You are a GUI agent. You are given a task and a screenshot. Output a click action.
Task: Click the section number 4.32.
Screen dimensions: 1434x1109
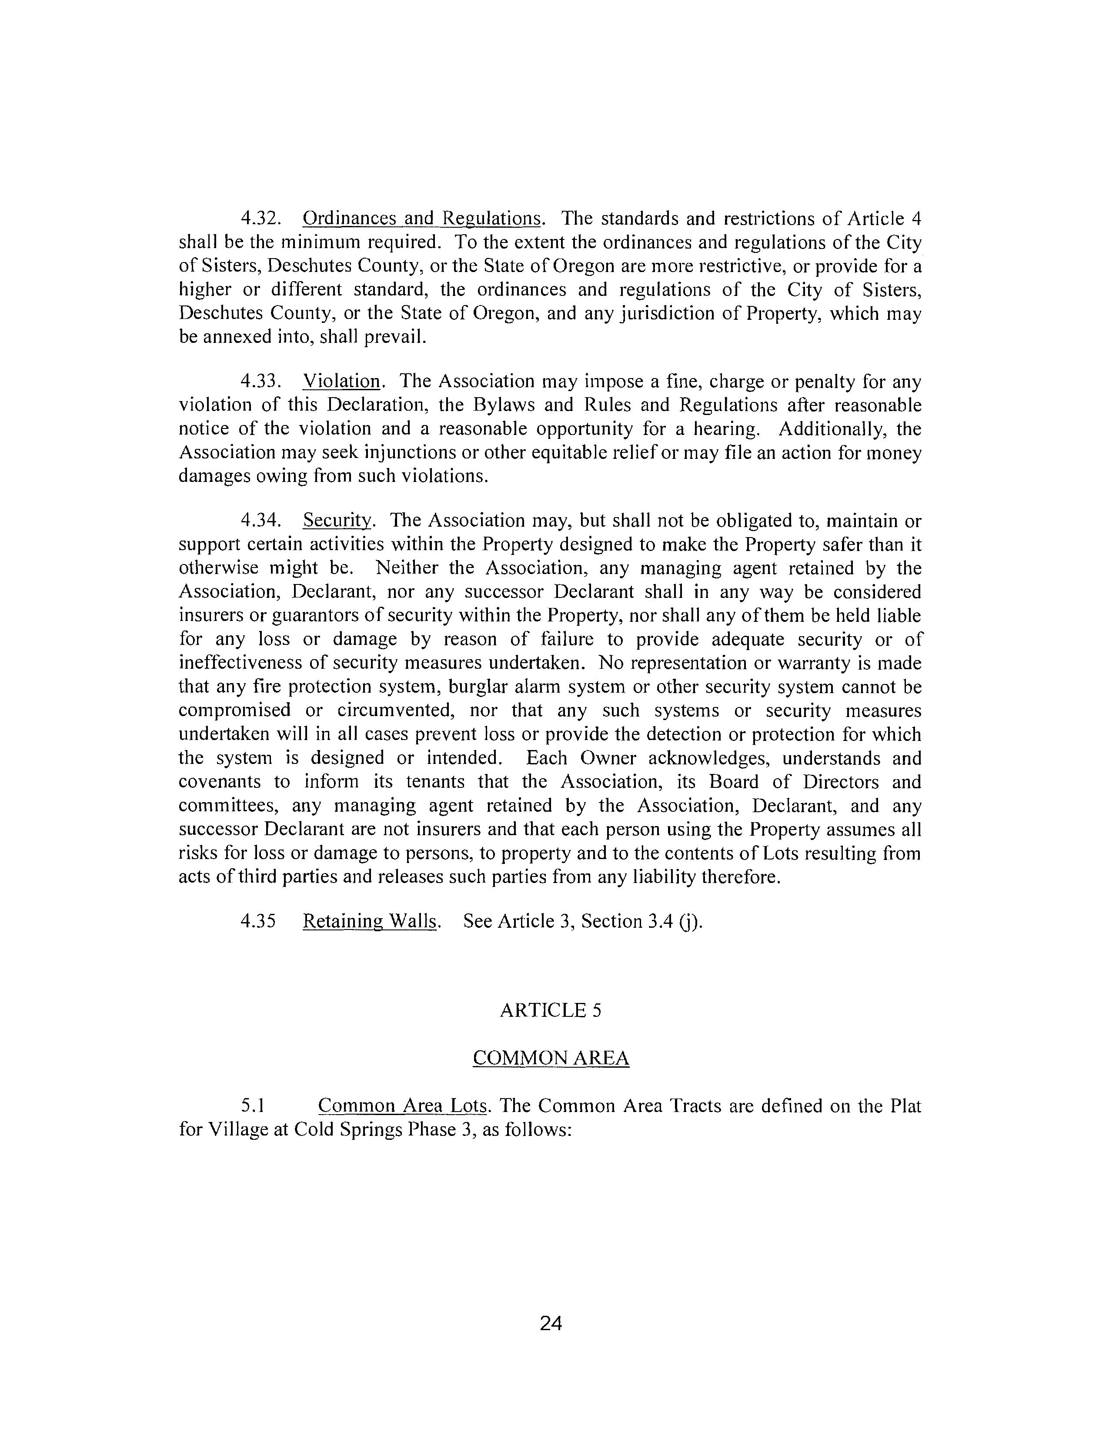click(261, 219)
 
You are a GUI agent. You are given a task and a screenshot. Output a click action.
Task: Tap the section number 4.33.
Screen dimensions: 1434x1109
click(261, 382)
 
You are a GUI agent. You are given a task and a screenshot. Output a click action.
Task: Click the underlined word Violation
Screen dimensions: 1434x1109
click(342, 382)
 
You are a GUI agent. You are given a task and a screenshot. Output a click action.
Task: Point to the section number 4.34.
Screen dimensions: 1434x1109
click(261, 521)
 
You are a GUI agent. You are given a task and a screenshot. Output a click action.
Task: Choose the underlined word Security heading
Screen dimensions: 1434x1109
click(337, 521)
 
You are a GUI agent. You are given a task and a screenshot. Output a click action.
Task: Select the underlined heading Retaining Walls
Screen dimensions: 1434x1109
click(370, 921)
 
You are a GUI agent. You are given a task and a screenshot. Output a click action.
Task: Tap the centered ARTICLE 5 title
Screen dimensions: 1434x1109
click(551, 1010)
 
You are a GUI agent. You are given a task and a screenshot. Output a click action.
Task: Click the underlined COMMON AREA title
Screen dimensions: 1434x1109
click(551, 1059)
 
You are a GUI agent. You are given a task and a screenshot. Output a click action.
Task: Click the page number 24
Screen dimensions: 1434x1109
click(551, 1324)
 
